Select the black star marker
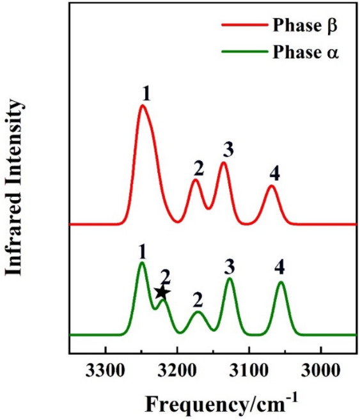[x=162, y=293]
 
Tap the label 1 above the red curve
[x=146, y=93]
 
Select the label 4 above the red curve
[x=274, y=173]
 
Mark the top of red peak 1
[x=143, y=105]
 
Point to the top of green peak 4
[x=280, y=282]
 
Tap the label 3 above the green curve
[x=230, y=265]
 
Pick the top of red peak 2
[x=196, y=180]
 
